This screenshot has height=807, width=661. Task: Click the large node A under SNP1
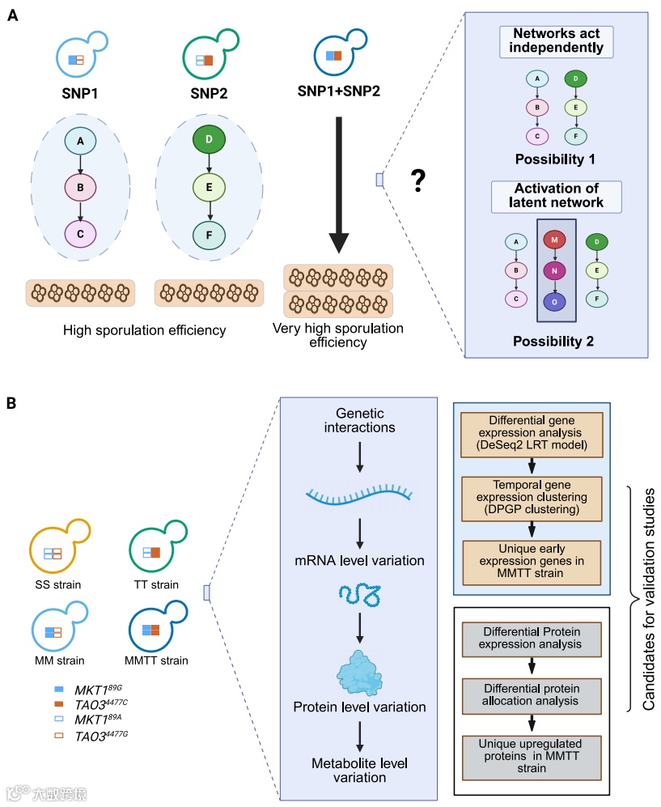pyautogui.click(x=80, y=143)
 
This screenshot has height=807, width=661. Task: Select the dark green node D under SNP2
pyautogui.click(x=210, y=143)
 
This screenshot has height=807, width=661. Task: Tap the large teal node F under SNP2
pyautogui.click(x=210, y=235)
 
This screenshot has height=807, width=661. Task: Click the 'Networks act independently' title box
pyautogui.click(x=556, y=42)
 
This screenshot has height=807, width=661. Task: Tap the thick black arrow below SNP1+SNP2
pyautogui.click(x=339, y=186)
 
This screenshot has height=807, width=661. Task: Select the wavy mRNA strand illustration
pyautogui.click(x=360, y=495)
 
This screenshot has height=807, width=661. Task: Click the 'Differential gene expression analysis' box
pyautogui.click(x=532, y=435)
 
